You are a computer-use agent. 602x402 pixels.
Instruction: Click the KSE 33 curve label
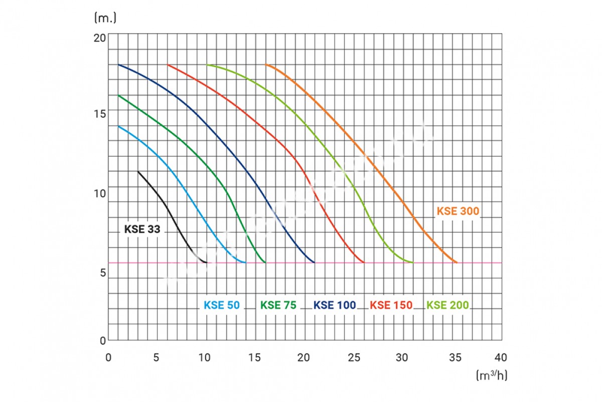tap(142, 230)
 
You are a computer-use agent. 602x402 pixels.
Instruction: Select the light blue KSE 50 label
tap(221, 305)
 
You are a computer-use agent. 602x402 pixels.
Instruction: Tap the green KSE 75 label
tap(278, 305)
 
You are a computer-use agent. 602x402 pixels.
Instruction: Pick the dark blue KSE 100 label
tap(335, 305)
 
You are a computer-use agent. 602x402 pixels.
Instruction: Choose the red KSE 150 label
tap(391, 305)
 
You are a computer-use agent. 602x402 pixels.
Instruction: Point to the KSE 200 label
tap(447, 305)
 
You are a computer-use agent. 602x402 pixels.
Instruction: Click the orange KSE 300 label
tap(458, 211)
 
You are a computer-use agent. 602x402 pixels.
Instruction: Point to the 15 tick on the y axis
tap(100, 113)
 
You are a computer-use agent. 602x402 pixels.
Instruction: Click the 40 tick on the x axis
tap(501, 357)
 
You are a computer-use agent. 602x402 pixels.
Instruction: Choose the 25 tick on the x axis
tap(354, 357)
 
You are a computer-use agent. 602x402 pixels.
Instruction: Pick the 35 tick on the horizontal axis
tap(453, 357)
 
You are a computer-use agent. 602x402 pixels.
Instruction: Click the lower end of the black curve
tap(206, 262)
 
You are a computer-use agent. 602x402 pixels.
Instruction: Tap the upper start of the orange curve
tap(266, 65)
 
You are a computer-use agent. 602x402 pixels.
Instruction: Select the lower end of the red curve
tap(364, 262)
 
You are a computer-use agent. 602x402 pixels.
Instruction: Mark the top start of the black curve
tap(138, 171)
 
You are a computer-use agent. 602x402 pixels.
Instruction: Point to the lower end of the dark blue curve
tap(315, 262)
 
